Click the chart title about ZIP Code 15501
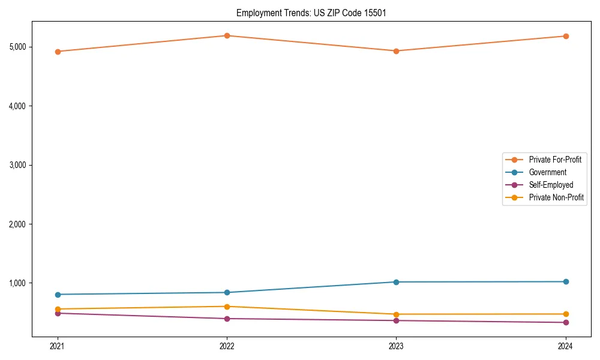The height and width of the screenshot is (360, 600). point(310,13)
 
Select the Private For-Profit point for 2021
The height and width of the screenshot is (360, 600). point(58,52)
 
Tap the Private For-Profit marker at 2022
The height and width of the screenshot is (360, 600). point(227,35)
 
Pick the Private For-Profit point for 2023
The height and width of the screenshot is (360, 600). point(396,51)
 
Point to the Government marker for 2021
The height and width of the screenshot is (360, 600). point(58,295)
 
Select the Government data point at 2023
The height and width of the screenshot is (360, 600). point(396,282)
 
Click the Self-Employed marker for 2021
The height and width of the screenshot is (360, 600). point(58,313)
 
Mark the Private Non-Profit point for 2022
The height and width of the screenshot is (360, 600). point(227,307)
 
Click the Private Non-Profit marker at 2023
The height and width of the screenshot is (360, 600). point(396,314)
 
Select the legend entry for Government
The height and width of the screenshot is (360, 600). point(547,172)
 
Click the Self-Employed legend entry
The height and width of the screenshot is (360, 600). point(551,185)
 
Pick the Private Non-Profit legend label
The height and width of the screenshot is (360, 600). point(556,197)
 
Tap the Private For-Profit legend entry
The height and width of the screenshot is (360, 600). point(555,160)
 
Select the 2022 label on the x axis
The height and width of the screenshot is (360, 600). point(227,346)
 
